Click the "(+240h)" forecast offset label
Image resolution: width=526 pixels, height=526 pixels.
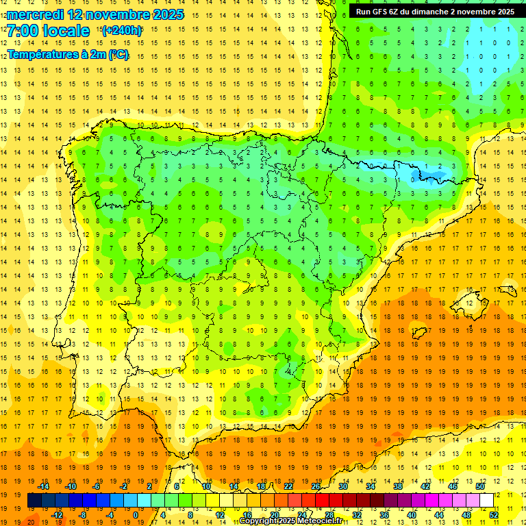pyautogui.click(x=122, y=31)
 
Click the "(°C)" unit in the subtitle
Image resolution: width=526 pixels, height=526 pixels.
pyautogui.click(x=118, y=54)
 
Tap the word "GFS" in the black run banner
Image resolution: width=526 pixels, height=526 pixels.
pyautogui.click(x=381, y=12)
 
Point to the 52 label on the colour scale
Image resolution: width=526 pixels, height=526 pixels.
pyautogui.click(x=494, y=515)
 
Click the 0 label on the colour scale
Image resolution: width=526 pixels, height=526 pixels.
pyautogui.click(x=136, y=515)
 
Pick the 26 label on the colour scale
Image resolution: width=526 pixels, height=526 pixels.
pyautogui.click(x=316, y=486)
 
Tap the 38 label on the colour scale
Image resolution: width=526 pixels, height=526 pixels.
pyautogui.click(x=398, y=486)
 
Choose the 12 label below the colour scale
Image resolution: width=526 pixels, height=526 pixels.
pyautogui.click(x=220, y=515)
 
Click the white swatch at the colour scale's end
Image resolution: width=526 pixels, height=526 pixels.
pyautogui.click(x=486, y=501)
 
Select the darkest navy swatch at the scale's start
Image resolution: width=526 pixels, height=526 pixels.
pyautogui.click(x=34, y=501)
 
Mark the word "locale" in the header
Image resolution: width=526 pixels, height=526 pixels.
pyautogui.click(x=67, y=31)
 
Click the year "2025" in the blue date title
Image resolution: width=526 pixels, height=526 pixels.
pyautogui.click(x=164, y=14)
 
